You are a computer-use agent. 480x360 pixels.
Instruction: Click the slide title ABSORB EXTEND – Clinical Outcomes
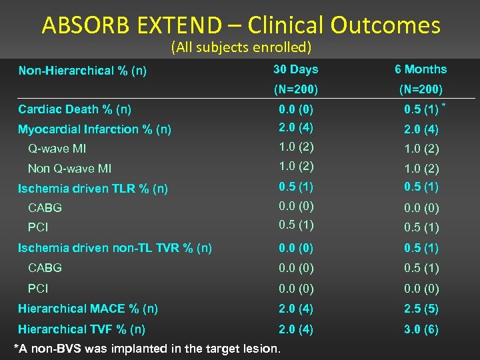click(241, 25)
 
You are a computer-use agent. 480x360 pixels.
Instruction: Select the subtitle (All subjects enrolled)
click(241, 48)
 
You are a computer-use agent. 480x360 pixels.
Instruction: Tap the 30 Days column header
click(295, 69)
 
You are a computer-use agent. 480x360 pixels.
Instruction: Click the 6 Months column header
click(421, 69)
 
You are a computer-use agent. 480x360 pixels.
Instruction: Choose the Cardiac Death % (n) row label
click(75, 109)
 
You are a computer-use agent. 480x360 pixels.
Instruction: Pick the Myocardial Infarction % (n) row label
click(95, 129)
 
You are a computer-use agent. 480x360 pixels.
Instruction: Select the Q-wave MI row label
click(57, 149)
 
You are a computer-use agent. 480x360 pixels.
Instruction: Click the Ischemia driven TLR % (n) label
click(93, 189)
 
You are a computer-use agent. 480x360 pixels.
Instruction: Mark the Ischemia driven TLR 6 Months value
click(421, 187)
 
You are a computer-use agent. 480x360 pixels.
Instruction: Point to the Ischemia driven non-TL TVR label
click(115, 248)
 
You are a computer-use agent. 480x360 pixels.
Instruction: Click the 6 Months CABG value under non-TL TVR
click(421, 268)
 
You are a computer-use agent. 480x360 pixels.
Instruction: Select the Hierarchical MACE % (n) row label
click(88, 309)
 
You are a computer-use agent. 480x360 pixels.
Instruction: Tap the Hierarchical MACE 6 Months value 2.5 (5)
click(421, 309)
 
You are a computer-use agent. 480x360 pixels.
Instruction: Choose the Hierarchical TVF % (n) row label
click(82, 329)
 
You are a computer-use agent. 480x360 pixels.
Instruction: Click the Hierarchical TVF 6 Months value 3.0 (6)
click(421, 329)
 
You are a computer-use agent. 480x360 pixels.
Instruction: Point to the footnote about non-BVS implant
click(147, 349)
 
